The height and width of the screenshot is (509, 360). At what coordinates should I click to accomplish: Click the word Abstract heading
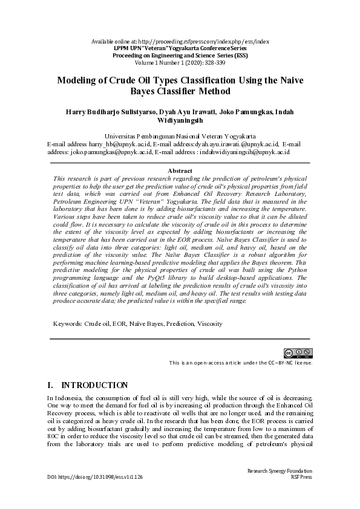[180, 171]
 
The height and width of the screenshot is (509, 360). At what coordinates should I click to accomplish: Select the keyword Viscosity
[209, 323]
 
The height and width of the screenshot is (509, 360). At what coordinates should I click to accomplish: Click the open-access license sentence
[241, 363]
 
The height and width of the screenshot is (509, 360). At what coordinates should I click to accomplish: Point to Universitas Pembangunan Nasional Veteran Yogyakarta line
[180, 137]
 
